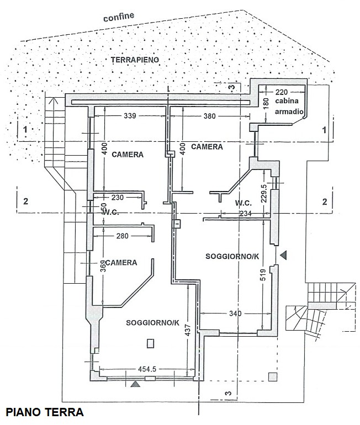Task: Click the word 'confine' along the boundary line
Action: pos(119,17)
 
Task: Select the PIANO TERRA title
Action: pos(44,412)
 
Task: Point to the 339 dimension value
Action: pos(130,116)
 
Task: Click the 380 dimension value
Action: pos(209,116)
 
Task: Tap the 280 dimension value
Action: pos(123,236)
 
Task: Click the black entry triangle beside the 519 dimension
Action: pos(284,254)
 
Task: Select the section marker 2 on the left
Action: pos(25,201)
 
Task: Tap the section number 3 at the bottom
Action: pos(226,393)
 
